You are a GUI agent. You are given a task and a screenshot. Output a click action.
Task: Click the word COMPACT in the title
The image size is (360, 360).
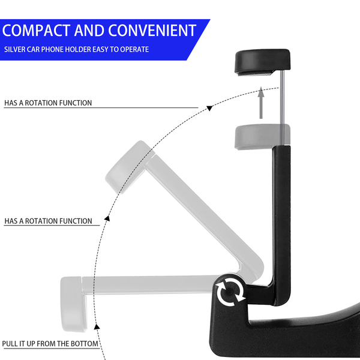click(x=37, y=30)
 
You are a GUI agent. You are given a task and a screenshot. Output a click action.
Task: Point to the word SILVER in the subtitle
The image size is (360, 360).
click(x=14, y=49)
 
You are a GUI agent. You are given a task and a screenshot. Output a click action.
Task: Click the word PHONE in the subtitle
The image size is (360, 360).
click(x=55, y=49)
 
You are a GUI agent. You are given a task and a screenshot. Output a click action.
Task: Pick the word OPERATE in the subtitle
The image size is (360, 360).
click(x=134, y=49)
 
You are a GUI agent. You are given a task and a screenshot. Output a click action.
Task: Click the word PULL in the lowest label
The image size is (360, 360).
click(x=11, y=344)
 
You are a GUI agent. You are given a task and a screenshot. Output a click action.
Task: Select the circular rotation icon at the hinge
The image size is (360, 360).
click(x=230, y=292)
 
